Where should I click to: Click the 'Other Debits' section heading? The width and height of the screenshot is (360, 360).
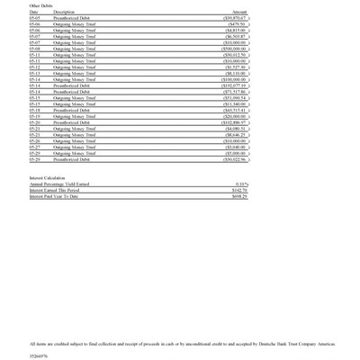pyautogui.click(x=42, y=5)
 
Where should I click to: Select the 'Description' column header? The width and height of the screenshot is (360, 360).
pyautogui.click(x=65, y=12)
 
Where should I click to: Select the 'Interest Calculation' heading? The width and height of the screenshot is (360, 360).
pyautogui.click(x=49, y=178)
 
